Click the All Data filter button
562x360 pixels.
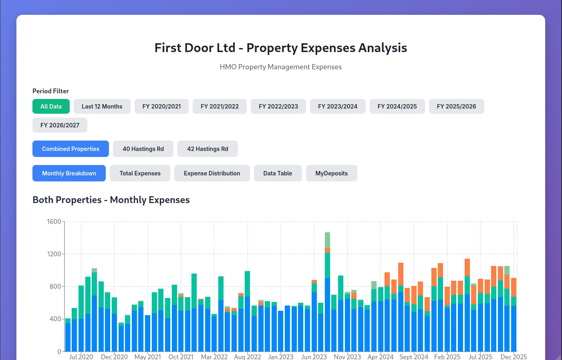[x=51, y=107]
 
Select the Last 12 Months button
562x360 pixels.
[x=102, y=107]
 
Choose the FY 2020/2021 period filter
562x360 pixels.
[x=161, y=107]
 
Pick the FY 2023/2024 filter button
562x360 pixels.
[x=337, y=107]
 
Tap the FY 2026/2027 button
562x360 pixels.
[x=60, y=125]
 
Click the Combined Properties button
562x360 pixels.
[x=71, y=149]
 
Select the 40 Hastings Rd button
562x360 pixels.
[x=143, y=149]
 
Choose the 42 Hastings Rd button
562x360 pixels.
[x=207, y=149]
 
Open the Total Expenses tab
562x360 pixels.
[x=140, y=173]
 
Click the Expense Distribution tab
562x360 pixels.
[x=212, y=173]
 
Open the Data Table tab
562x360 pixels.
[x=278, y=173]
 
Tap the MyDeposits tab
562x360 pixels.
[x=331, y=173]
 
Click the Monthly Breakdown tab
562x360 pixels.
[x=69, y=173]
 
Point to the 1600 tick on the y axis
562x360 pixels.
[x=54, y=221]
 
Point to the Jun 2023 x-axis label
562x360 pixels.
[x=314, y=356]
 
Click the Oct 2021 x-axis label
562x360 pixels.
[x=181, y=356]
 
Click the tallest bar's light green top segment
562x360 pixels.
[x=327, y=240]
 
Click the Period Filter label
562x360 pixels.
[x=50, y=91]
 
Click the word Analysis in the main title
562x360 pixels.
[x=383, y=48]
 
